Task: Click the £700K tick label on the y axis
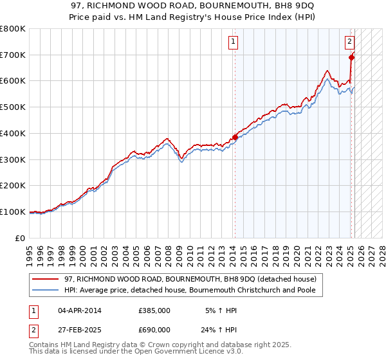coord(13,55)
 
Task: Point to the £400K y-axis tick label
coord(13,134)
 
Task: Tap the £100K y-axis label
coord(13,212)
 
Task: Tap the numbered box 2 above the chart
coord(349,42)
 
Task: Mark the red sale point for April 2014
coord(235,137)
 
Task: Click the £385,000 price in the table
coord(154,310)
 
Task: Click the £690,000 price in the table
coord(154,329)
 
